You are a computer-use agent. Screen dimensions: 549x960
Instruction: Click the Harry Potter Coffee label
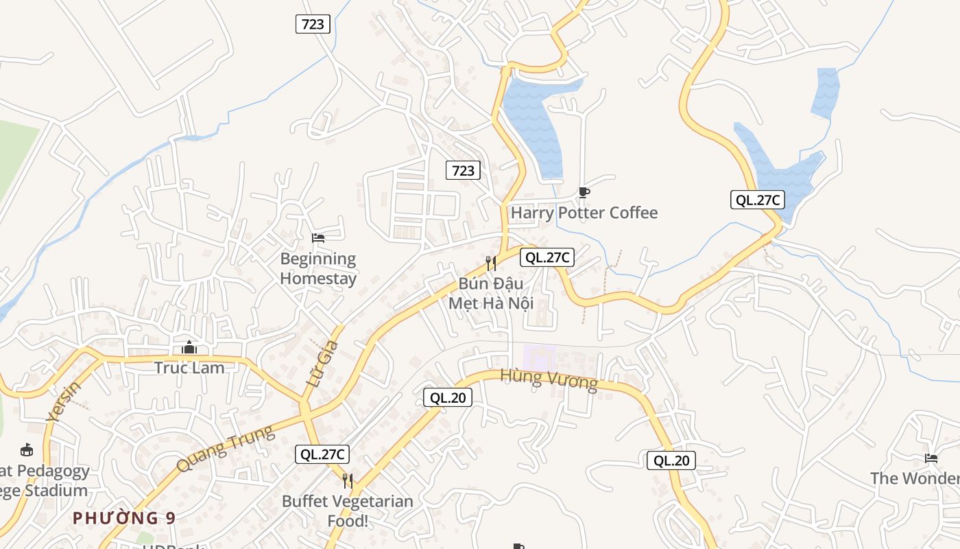pos(584,213)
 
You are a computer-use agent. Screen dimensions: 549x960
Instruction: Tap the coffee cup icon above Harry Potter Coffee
pos(584,192)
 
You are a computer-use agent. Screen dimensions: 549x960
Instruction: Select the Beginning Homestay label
pos(318,269)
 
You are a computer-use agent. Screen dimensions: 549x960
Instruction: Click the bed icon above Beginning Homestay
pos(318,238)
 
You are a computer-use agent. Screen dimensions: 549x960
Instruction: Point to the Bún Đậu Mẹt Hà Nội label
pos(491,293)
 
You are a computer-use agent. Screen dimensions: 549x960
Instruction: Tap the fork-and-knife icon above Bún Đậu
pos(491,263)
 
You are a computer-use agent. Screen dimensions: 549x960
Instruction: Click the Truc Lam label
pos(189,368)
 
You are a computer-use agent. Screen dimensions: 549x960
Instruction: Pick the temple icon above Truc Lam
pos(189,348)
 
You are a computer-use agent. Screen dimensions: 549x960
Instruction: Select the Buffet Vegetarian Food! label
pos(348,511)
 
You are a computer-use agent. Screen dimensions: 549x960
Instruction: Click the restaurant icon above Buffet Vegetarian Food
pos(348,480)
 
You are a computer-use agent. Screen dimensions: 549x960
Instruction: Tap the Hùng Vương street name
pos(549,379)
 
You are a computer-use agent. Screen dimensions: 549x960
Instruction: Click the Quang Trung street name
pos(224,448)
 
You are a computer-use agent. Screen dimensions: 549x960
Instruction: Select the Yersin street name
pos(64,401)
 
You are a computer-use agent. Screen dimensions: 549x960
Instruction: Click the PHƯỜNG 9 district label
pos(124,518)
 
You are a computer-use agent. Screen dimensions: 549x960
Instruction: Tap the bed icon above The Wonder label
pos(931,458)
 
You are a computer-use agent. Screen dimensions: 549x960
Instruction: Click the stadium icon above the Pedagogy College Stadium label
pos(27,450)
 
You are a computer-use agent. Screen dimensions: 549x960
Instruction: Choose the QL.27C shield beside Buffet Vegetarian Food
pos(322,454)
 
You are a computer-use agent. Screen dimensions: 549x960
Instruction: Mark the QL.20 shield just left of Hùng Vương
pos(447,397)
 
